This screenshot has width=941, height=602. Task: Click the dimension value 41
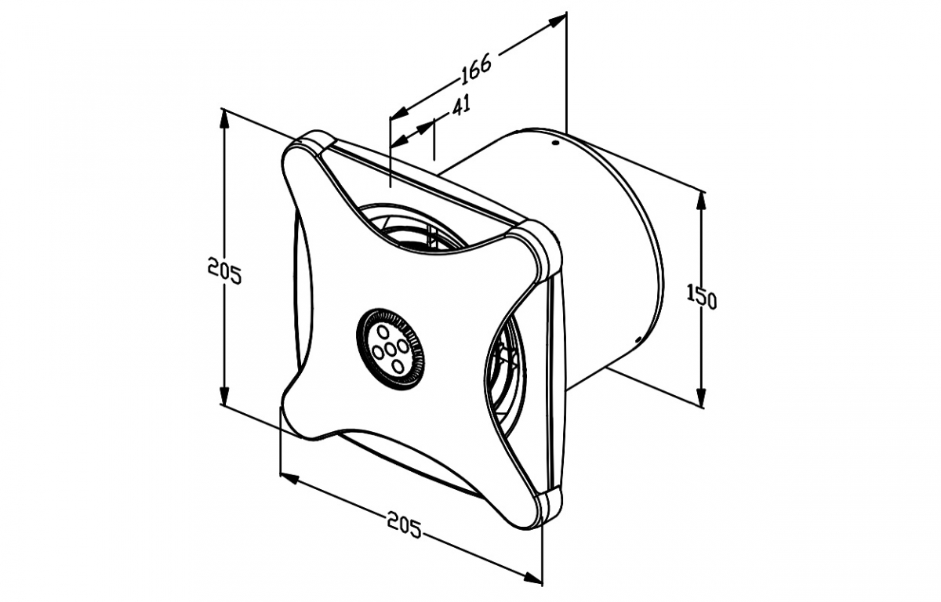pos(461,106)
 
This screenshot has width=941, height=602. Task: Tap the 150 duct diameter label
pos(702,296)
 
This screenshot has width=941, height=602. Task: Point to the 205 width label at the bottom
pos(404,524)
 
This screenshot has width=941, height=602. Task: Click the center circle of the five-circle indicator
pos(390,350)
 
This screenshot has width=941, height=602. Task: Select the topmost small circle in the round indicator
pos(383,332)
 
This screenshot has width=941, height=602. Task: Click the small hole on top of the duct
pos(556,143)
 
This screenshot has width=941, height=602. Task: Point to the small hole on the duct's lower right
pos(638,339)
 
